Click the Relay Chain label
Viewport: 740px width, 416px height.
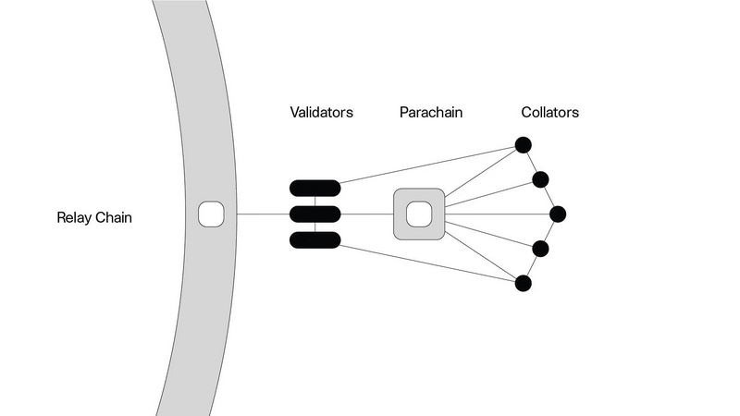(94, 219)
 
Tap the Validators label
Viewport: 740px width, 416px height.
(321, 113)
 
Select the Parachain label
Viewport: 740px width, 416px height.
(431, 113)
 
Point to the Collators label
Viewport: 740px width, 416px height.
(549, 113)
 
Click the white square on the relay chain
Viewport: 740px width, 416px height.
(211, 214)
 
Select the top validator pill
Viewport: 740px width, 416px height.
(314, 189)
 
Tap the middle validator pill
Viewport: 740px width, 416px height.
(314, 214)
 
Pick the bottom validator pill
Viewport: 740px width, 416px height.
(314, 240)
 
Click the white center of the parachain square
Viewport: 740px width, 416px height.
(419, 214)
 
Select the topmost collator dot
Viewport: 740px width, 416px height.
(523, 145)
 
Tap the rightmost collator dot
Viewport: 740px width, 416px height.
(558, 214)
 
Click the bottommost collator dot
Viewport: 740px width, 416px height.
(523, 284)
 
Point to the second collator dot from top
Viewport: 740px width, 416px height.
(541, 179)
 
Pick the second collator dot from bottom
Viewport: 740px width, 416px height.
(541, 249)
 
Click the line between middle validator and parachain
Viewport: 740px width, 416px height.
(367, 214)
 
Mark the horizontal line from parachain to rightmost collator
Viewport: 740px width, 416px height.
(499, 214)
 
